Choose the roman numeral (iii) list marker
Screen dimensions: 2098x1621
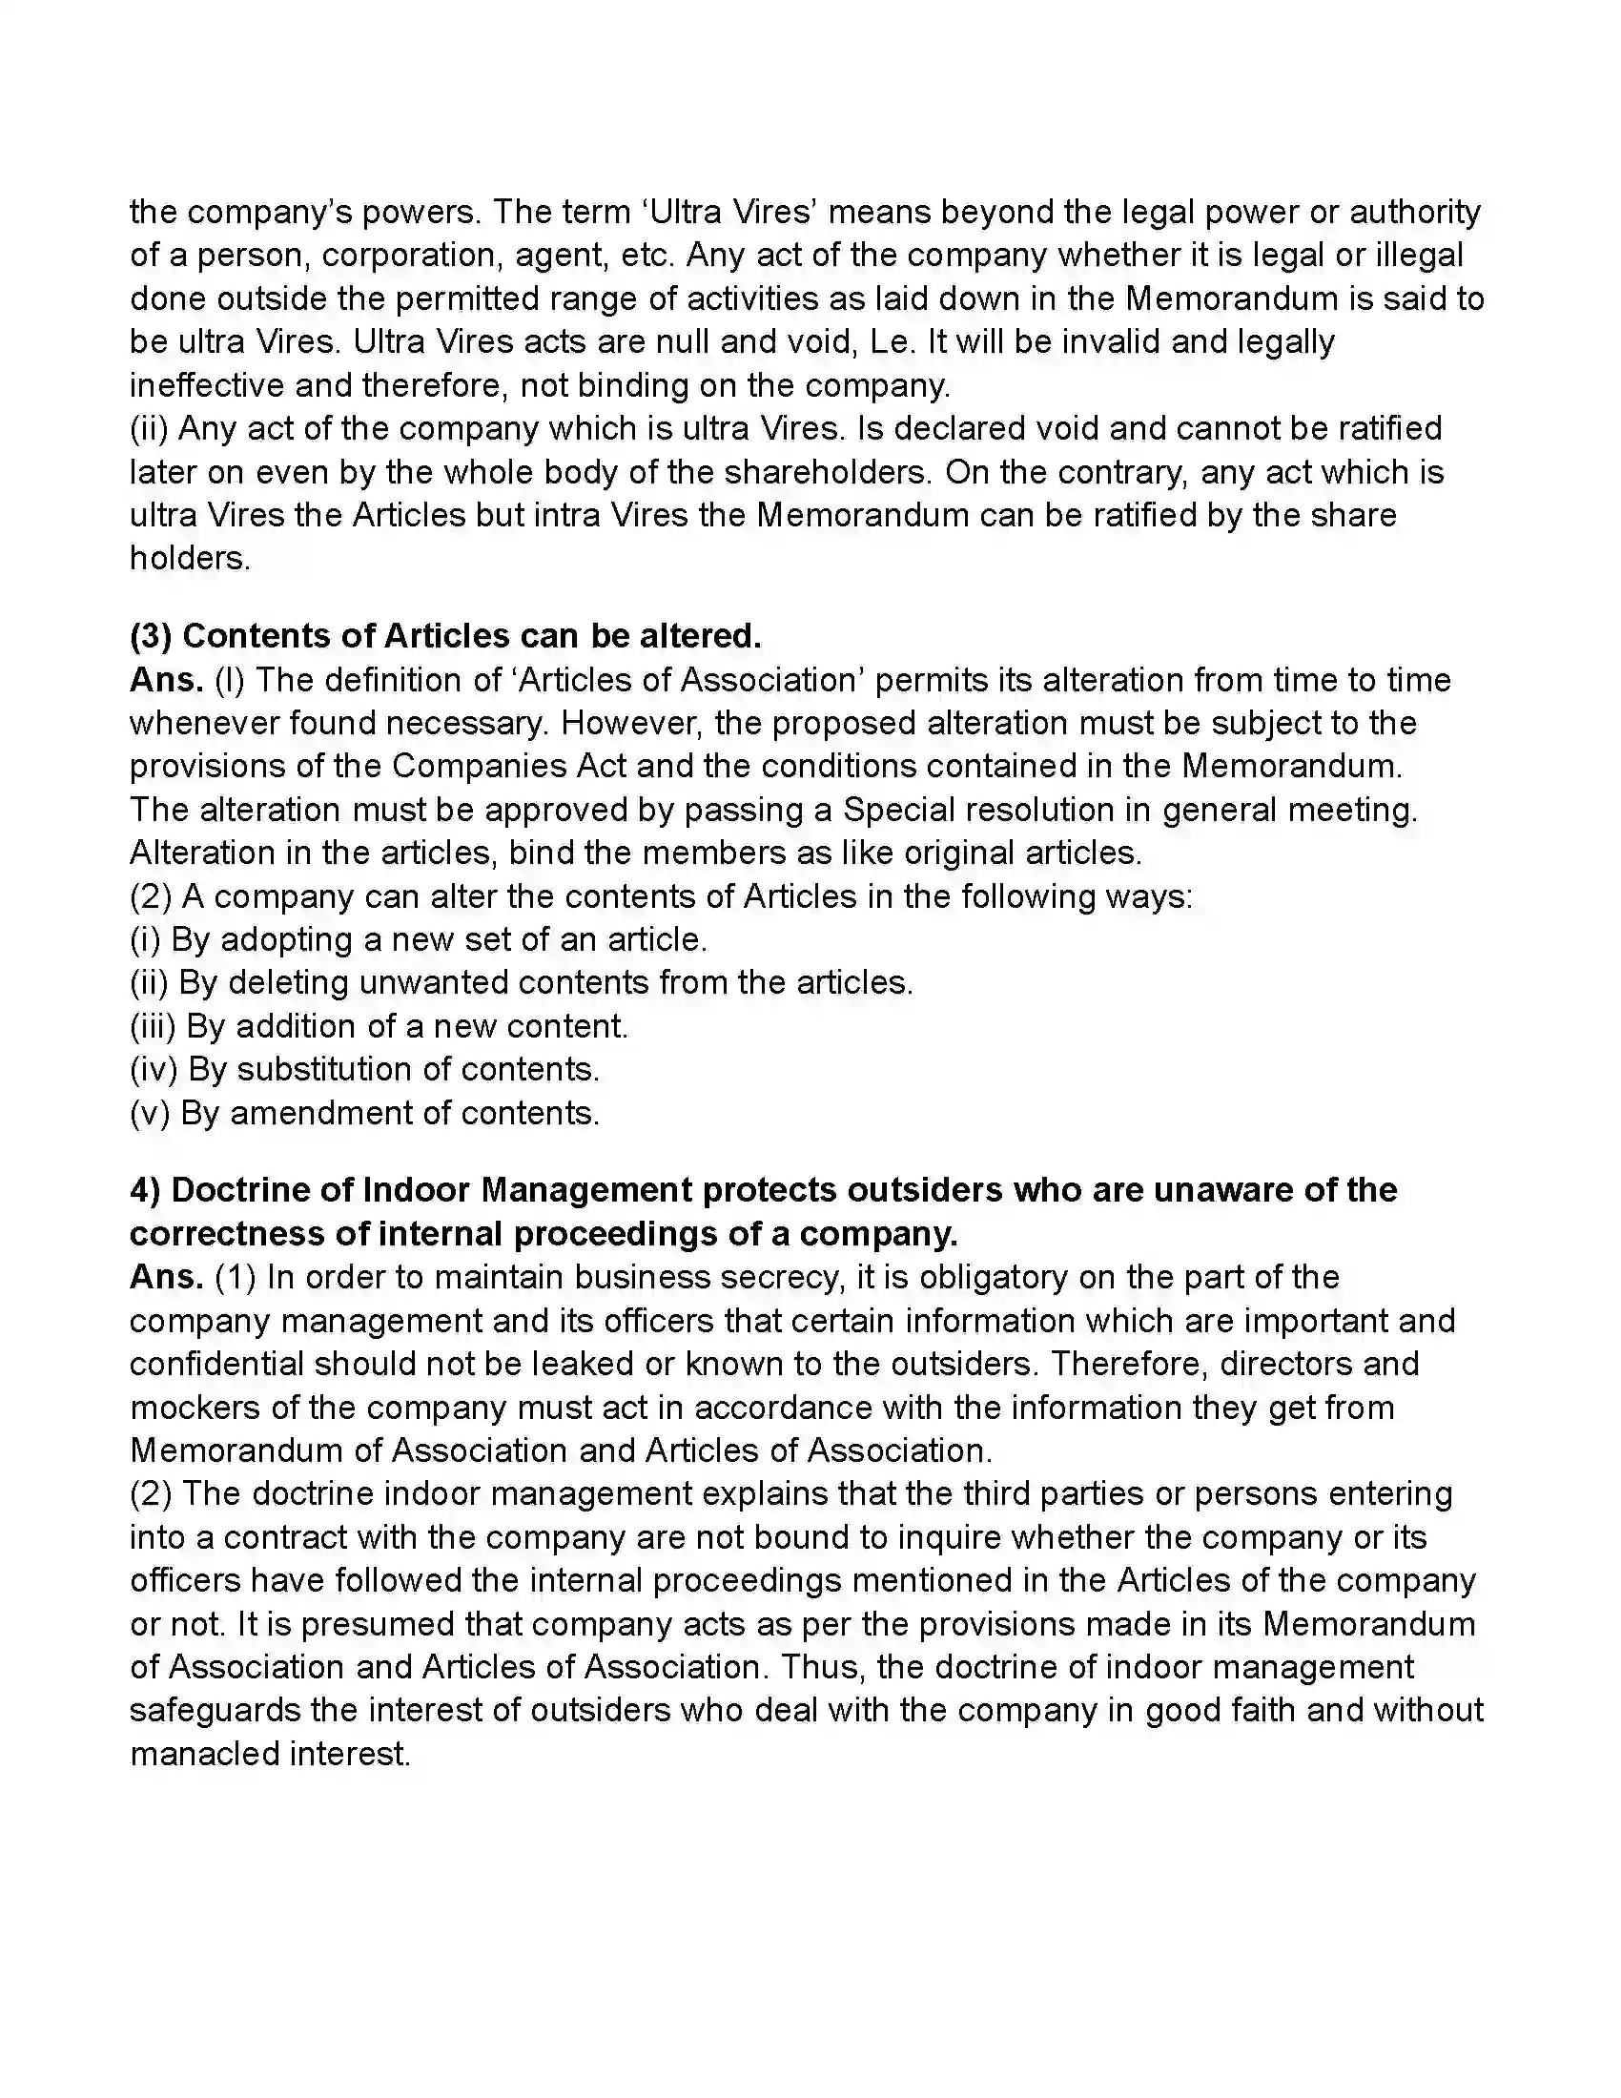(153, 1026)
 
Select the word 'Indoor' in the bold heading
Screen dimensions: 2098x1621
(417, 1190)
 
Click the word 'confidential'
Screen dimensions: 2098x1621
(217, 1364)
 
